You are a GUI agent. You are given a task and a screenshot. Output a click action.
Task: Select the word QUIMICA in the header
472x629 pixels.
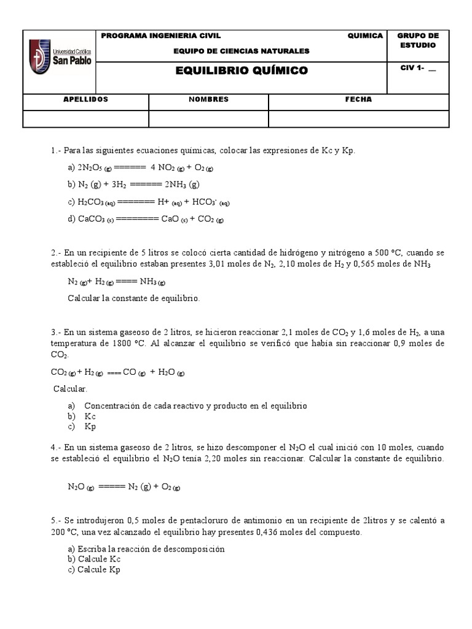(365, 36)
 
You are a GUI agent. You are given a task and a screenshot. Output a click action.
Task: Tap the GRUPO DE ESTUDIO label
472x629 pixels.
(418, 41)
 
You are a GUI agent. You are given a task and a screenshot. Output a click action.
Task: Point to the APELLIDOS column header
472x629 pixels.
(86, 100)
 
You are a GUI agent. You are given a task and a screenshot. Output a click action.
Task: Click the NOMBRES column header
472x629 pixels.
(208, 100)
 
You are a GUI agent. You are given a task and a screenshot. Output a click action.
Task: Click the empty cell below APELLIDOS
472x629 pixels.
(86, 118)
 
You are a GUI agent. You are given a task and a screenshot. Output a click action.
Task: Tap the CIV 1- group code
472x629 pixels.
(418, 68)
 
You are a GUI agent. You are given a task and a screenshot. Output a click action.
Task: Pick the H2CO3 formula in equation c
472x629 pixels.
(92, 201)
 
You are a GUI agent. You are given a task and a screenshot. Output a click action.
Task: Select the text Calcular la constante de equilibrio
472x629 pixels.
(133, 298)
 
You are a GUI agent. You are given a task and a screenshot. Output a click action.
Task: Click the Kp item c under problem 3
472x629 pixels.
(90, 427)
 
